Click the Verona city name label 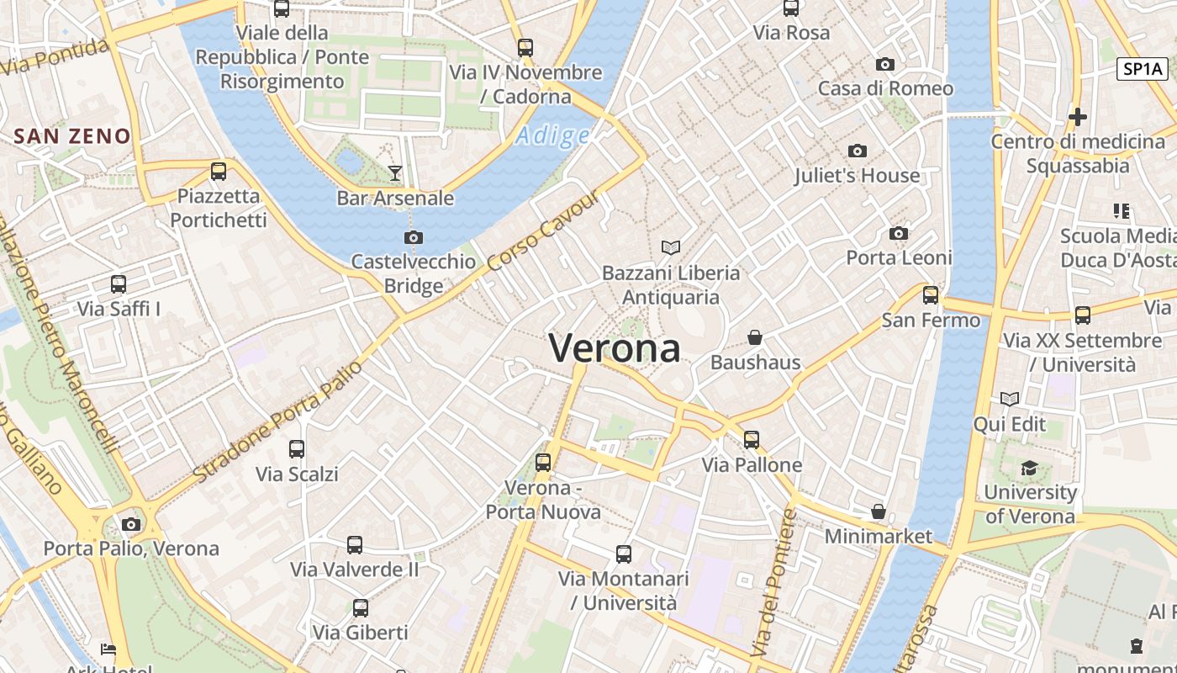pos(614,347)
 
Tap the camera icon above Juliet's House pos(858,151)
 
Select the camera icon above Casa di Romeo pos(884,65)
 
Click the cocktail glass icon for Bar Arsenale pos(395,173)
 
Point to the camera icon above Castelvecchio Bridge pos(413,238)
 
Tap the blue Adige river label pos(552,135)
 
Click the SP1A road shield pos(1143,69)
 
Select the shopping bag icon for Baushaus pos(755,338)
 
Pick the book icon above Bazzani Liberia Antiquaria pos(670,247)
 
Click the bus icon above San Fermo pos(930,295)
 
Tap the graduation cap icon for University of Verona pos(1029,468)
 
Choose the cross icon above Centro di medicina pos(1077,117)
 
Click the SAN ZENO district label pos(72,136)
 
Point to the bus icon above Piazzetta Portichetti pos(219,172)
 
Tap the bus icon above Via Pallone pos(751,440)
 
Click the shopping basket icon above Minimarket pos(878,511)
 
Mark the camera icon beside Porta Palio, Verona pos(130,525)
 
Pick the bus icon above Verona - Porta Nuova pos(543,462)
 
